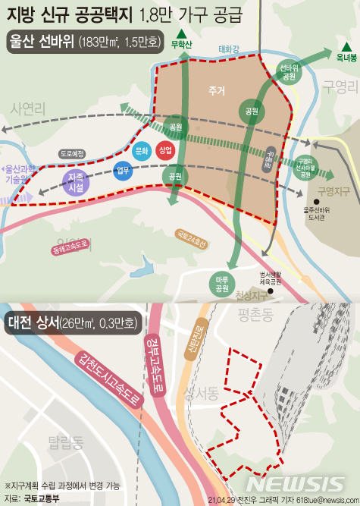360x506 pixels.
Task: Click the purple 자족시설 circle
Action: (x=74, y=182)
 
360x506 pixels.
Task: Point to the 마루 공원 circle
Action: (x=222, y=284)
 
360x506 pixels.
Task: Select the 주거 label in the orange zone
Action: (x=218, y=91)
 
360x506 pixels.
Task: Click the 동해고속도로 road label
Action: (x=71, y=247)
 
